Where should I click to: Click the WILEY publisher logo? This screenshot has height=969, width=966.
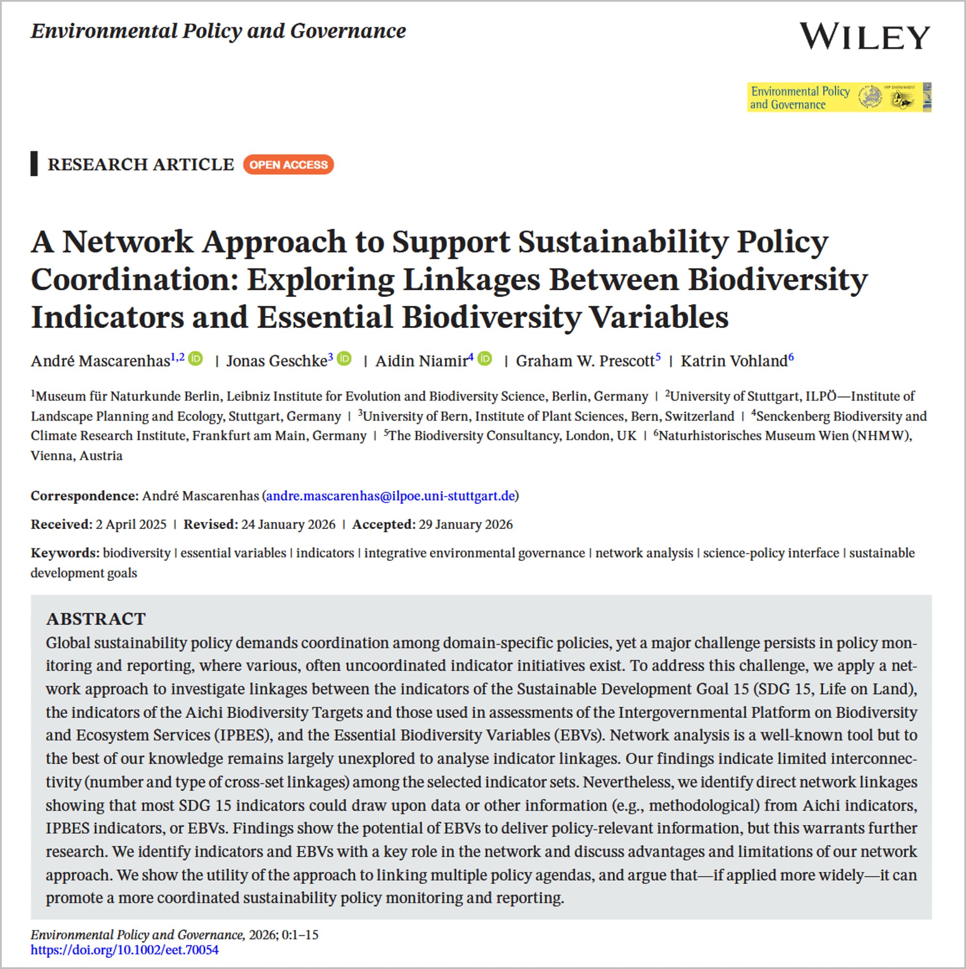point(864,36)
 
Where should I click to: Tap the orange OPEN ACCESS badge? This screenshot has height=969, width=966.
point(288,165)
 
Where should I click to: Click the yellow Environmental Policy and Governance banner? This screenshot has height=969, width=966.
point(839,97)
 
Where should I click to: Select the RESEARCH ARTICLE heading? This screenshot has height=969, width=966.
point(141,165)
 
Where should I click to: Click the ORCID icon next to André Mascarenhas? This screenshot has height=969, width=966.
point(196,359)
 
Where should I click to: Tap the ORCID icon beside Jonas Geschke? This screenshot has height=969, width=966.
point(344,359)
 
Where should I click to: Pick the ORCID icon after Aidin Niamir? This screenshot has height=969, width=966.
point(485,359)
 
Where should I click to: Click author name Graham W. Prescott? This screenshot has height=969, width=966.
point(584,361)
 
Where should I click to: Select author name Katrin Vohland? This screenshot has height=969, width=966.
point(734,361)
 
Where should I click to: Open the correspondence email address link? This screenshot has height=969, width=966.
point(390,496)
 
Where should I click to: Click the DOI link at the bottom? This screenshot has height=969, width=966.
point(124,950)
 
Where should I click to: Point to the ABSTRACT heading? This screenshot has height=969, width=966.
point(96,619)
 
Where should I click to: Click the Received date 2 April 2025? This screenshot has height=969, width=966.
point(131,525)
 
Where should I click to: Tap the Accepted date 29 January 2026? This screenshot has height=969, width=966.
point(465,525)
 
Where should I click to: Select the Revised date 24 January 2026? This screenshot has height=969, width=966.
point(288,525)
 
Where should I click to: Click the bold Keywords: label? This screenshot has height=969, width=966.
point(65,553)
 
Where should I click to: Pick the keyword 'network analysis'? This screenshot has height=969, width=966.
point(644,553)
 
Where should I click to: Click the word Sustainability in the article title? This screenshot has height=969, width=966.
point(622,242)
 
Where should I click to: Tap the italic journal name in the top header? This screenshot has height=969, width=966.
point(218,31)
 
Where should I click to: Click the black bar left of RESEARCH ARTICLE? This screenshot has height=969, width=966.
point(34,163)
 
